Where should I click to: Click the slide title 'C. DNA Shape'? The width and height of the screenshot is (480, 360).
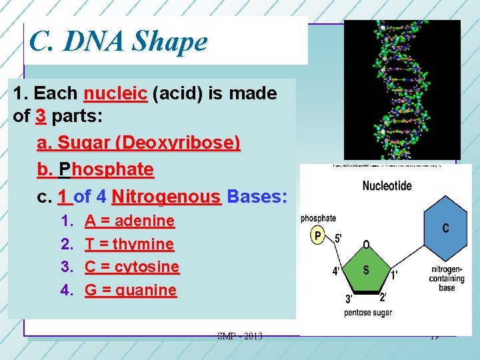pos(119,41)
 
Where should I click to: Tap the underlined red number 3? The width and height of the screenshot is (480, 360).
pos(41,116)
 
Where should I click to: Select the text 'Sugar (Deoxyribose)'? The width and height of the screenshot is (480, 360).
pos(149,143)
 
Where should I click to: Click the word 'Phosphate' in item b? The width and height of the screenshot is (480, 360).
pos(106,169)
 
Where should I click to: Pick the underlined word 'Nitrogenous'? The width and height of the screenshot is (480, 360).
pos(167,197)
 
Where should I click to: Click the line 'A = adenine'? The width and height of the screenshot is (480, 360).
pos(129,221)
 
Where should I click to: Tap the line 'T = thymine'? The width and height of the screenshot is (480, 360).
pos(129,244)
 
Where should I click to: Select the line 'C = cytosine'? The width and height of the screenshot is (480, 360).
pos(132,267)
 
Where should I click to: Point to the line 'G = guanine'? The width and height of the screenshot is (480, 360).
pos(131,290)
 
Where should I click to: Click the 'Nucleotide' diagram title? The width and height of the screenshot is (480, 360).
pos(387,186)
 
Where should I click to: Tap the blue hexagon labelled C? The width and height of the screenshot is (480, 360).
pos(445,229)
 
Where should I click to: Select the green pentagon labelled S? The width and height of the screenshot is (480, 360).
pos(365,270)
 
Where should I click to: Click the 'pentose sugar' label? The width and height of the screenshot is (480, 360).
pos(368,312)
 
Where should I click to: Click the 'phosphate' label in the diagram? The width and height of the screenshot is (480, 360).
pos(319,218)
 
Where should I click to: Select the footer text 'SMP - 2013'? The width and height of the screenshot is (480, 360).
pos(240,336)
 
